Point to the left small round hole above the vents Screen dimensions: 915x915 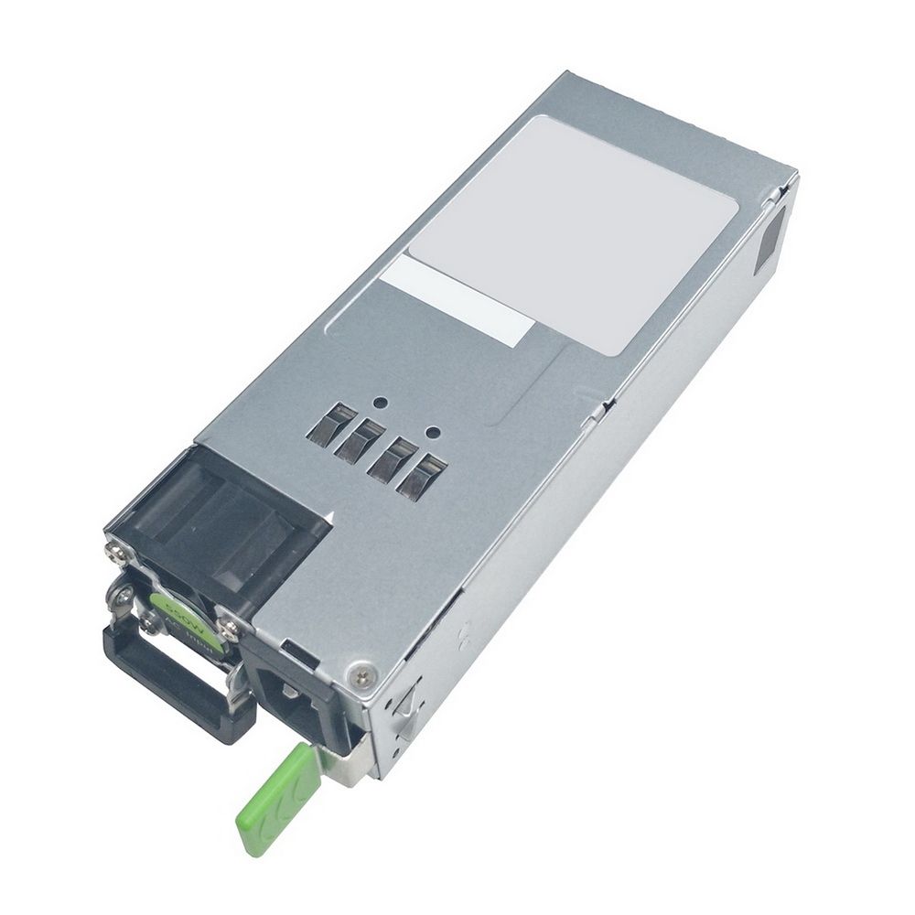(x=376, y=401)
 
